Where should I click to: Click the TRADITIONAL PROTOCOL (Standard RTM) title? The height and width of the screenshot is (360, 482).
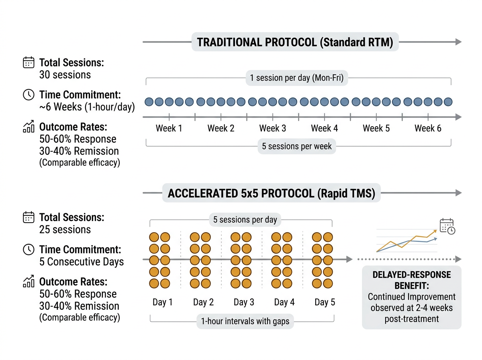coord(295,42)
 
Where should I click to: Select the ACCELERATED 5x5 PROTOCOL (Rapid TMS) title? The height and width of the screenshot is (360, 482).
coord(271,193)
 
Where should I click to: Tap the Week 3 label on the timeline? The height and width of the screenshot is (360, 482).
coord(272,129)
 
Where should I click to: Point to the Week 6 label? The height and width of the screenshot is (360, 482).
coord(428,129)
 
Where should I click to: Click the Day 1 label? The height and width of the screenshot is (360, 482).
coord(162,302)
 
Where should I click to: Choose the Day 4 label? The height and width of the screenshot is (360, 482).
coord(284,302)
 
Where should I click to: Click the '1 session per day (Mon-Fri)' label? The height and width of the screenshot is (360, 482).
coord(296,78)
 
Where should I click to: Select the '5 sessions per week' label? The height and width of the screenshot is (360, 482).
coord(297,146)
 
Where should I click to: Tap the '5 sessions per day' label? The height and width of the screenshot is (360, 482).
coord(245,220)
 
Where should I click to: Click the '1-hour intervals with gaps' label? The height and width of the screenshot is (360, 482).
coord(245,321)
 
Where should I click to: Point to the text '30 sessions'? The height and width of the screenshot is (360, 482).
coord(65,75)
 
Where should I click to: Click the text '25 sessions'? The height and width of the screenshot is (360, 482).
coord(65,229)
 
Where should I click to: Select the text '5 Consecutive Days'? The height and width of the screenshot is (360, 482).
coord(82,262)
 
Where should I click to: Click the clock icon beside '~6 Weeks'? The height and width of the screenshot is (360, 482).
coord(29,95)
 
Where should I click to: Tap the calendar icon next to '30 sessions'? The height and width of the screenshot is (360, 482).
coord(29,63)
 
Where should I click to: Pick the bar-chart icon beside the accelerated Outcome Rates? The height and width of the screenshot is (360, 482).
coord(29,282)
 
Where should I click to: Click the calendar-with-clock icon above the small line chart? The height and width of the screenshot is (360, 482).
coord(447,226)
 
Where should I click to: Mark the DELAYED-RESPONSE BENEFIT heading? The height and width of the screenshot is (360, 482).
coord(412,280)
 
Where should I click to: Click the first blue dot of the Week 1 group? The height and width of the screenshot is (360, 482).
coord(149,102)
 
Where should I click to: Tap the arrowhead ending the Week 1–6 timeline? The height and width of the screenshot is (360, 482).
coord(457,117)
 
